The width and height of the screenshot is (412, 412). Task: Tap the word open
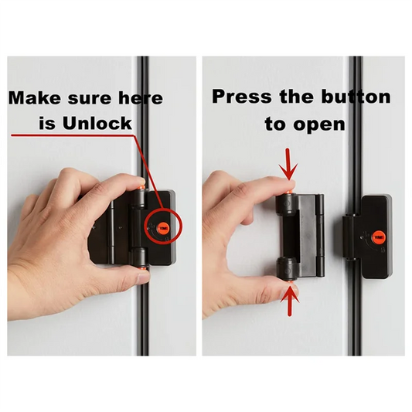(325, 123)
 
